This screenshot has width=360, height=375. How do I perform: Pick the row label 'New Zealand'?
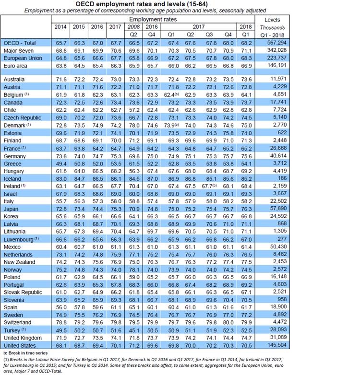coord(19,262)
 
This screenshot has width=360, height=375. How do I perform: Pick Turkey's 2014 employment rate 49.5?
coord(60,329)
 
